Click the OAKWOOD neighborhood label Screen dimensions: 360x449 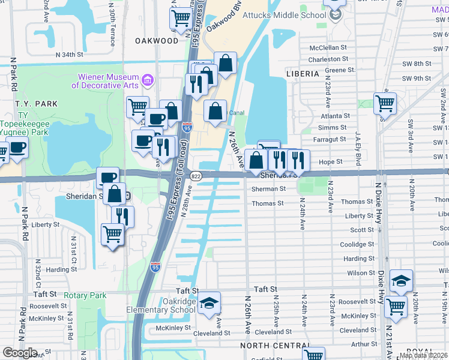[157, 41]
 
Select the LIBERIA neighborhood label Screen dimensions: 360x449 [303, 73]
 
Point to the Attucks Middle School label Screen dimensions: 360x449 [295, 15]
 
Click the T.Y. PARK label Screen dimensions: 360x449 [38, 104]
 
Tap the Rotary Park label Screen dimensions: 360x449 [85, 295]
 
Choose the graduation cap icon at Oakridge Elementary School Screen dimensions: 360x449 [209, 303]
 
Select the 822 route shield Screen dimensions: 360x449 [196, 176]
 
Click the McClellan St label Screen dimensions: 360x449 [328, 47]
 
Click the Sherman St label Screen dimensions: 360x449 [268, 188]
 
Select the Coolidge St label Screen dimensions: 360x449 [357, 244]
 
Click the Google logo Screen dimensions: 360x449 [20, 353]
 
